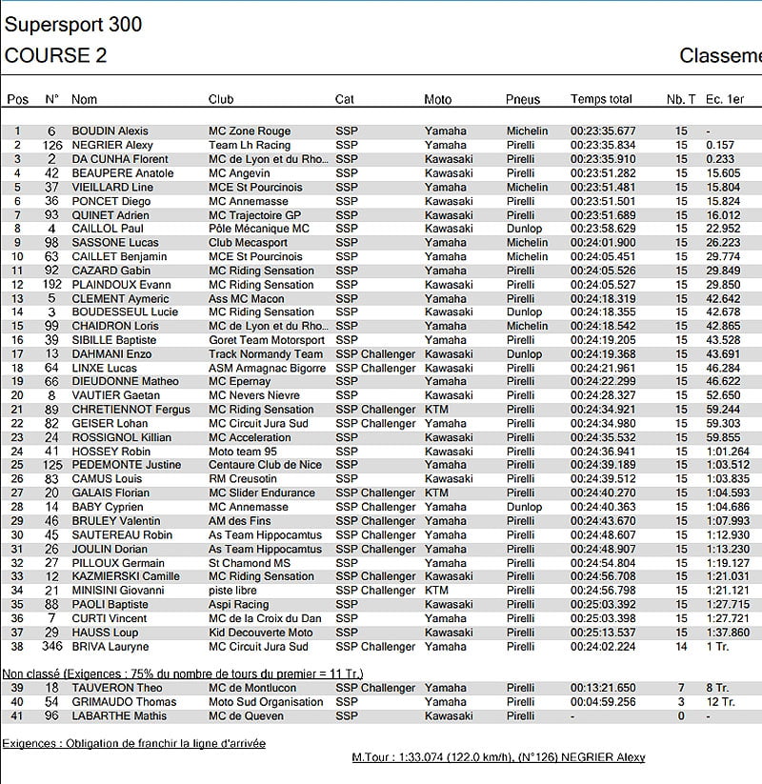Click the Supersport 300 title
(x=73, y=24)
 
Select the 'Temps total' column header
(x=601, y=99)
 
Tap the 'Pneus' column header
(x=523, y=99)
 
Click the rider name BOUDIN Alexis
(x=110, y=131)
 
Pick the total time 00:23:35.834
(x=603, y=146)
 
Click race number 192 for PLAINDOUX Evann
(x=51, y=285)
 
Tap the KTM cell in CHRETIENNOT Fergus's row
(x=436, y=410)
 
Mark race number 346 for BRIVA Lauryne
(x=51, y=647)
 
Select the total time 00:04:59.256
(x=603, y=702)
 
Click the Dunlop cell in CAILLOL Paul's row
(x=524, y=229)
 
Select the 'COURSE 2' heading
(x=55, y=55)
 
